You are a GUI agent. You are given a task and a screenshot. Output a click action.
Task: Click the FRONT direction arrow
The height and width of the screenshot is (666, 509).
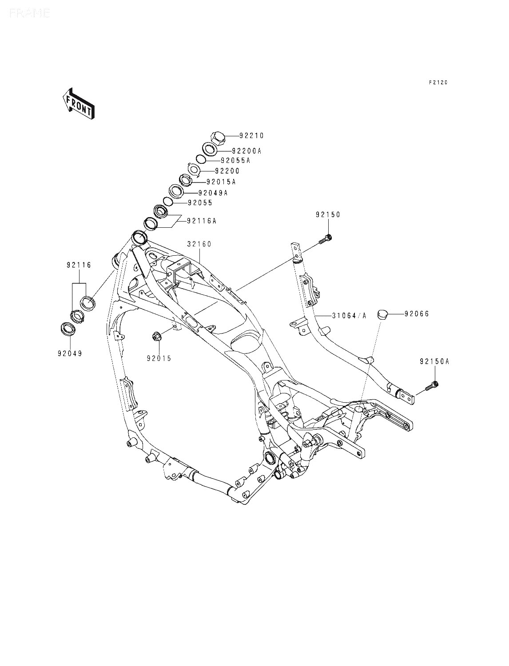tap(78, 103)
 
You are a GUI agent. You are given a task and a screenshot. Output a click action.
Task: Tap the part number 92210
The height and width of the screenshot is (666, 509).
tap(252, 135)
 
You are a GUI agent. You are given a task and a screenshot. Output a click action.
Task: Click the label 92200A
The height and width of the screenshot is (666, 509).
tap(247, 151)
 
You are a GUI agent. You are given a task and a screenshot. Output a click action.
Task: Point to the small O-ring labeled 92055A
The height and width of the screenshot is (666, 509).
tap(201, 159)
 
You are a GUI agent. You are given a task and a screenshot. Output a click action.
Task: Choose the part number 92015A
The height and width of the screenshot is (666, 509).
tap(221, 182)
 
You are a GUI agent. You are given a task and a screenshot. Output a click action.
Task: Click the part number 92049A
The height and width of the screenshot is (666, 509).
tap(213, 193)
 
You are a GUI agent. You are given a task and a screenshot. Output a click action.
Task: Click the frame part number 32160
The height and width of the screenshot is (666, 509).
tap(199, 244)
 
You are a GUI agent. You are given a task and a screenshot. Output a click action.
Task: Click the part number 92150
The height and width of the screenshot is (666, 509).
tap(328, 214)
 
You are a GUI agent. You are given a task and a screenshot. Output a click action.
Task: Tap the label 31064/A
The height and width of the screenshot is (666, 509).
tap(349, 316)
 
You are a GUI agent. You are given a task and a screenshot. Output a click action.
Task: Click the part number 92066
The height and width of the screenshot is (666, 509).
tap(417, 314)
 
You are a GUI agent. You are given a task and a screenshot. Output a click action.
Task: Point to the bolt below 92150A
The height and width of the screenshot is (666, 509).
tap(432, 386)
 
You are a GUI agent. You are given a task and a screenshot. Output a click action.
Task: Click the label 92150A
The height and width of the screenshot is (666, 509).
tap(435, 361)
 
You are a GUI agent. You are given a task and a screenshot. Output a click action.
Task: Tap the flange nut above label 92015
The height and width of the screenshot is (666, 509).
tap(156, 337)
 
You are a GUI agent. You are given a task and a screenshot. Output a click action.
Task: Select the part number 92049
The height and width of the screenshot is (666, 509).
tap(70, 353)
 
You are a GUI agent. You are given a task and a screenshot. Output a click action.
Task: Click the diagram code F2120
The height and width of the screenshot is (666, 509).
tap(438, 83)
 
